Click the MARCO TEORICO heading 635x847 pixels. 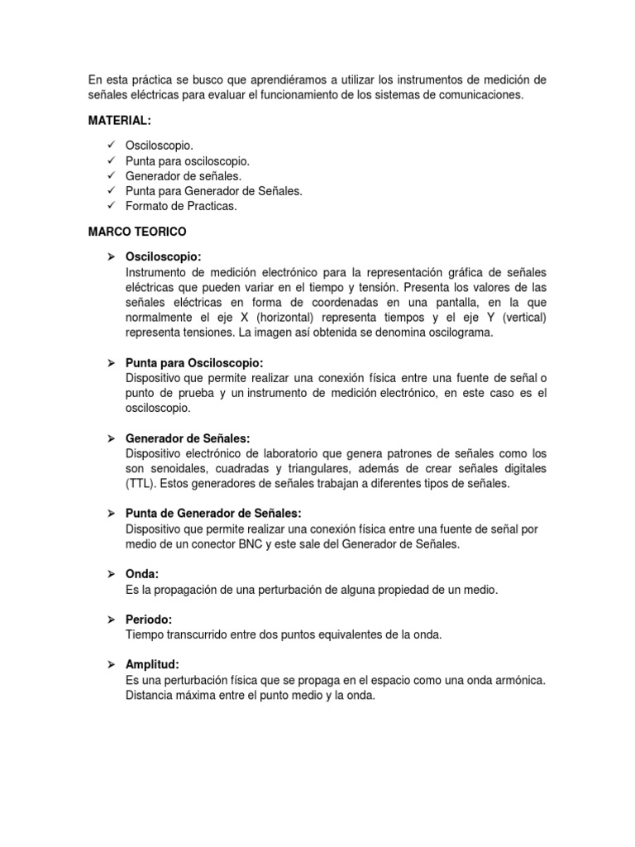(x=136, y=232)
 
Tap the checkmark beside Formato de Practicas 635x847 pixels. (x=112, y=206)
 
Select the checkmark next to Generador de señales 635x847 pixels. (x=112, y=175)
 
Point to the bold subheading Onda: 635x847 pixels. (x=141, y=573)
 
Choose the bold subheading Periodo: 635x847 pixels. (x=149, y=620)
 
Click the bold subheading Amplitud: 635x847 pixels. (x=152, y=665)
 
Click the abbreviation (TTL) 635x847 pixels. (x=139, y=484)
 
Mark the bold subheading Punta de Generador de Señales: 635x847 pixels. (x=212, y=514)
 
